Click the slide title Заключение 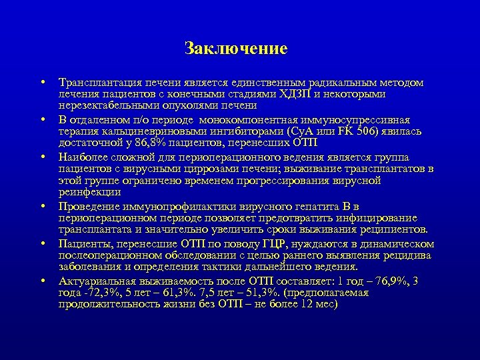coord(236,49)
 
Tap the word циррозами coord(204,169)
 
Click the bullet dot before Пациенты coord(42,245)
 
